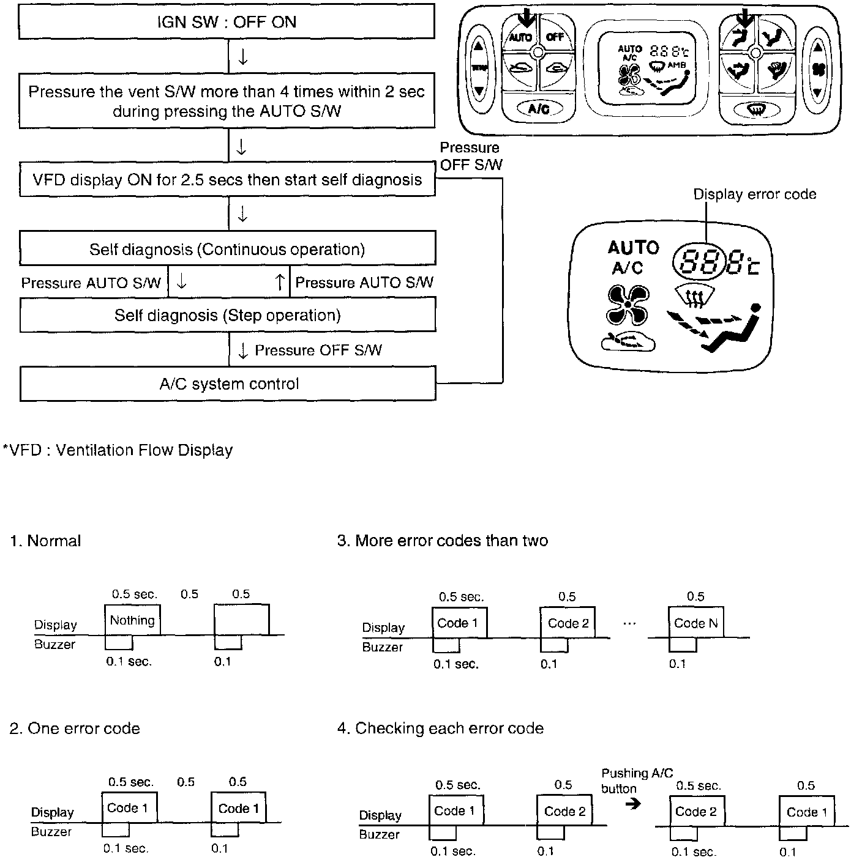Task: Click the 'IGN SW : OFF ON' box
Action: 227,23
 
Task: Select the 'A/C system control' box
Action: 228,384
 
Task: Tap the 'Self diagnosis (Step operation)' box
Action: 228,315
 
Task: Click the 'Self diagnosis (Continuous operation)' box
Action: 228,249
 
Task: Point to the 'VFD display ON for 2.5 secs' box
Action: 227,180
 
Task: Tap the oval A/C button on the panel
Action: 538,109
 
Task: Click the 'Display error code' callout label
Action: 754,195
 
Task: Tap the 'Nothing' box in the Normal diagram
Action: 132,620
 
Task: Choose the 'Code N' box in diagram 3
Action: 695,623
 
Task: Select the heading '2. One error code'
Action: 75,728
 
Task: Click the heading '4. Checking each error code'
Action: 440,728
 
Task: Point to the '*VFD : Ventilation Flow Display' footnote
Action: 118,450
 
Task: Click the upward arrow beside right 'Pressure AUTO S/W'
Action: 280,282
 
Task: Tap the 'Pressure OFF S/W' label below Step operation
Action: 318,350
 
